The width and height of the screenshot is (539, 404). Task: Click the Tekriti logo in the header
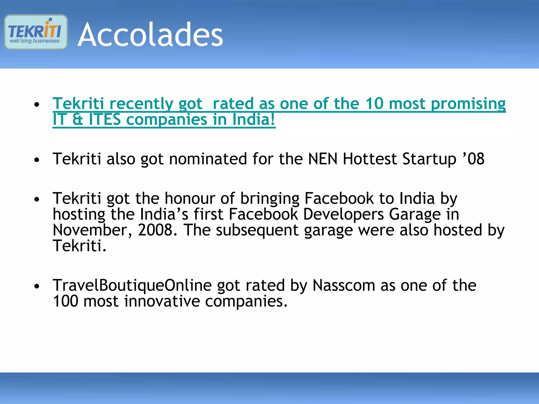click(x=36, y=32)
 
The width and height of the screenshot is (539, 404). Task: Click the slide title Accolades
click(x=150, y=35)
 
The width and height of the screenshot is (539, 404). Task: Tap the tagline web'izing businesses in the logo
click(x=34, y=41)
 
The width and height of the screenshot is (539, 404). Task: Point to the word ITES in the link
click(x=105, y=119)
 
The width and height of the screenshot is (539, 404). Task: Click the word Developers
click(x=343, y=214)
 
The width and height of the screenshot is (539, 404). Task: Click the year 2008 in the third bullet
click(x=155, y=230)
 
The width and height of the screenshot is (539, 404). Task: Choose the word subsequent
click(x=257, y=230)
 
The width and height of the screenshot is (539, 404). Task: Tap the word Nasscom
click(x=344, y=285)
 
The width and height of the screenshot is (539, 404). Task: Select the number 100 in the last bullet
click(x=66, y=301)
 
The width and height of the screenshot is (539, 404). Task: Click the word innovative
click(x=162, y=301)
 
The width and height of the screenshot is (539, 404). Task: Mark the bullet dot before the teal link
click(x=37, y=104)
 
